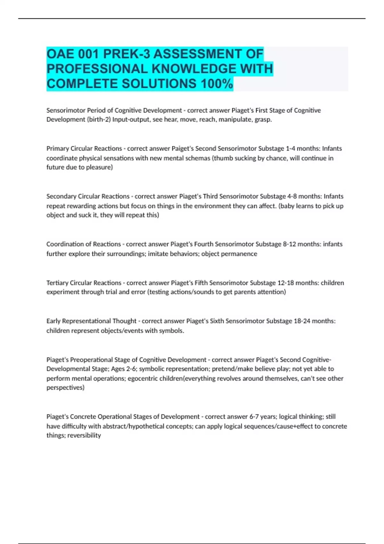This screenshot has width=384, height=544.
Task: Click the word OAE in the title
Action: (60, 54)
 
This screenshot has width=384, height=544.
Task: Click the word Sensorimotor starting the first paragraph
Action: (66, 110)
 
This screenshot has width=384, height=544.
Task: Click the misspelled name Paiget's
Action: (183, 148)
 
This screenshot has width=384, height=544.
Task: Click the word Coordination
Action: (64, 244)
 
